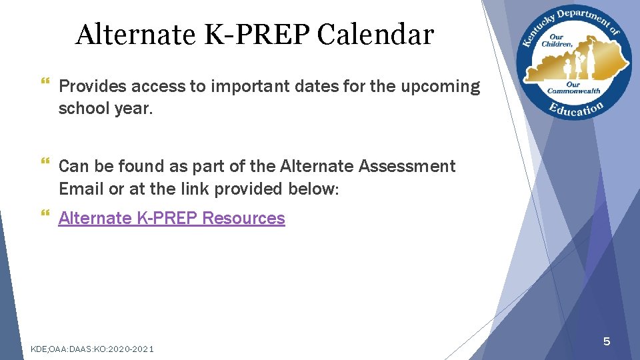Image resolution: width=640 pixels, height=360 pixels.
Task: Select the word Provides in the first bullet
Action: click(x=93, y=87)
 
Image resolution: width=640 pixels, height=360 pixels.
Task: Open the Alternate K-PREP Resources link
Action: click(x=171, y=219)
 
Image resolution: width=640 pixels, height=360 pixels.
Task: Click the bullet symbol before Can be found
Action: click(x=45, y=162)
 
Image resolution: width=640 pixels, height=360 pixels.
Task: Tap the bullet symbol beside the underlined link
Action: click(x=45, y=214)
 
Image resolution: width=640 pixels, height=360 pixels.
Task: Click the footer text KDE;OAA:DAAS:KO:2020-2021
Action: click(x=93, y=349)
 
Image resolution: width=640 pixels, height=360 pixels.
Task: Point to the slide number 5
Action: click(x=606, y=342)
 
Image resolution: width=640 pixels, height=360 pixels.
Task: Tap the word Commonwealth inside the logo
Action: click(x=573, y=91)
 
